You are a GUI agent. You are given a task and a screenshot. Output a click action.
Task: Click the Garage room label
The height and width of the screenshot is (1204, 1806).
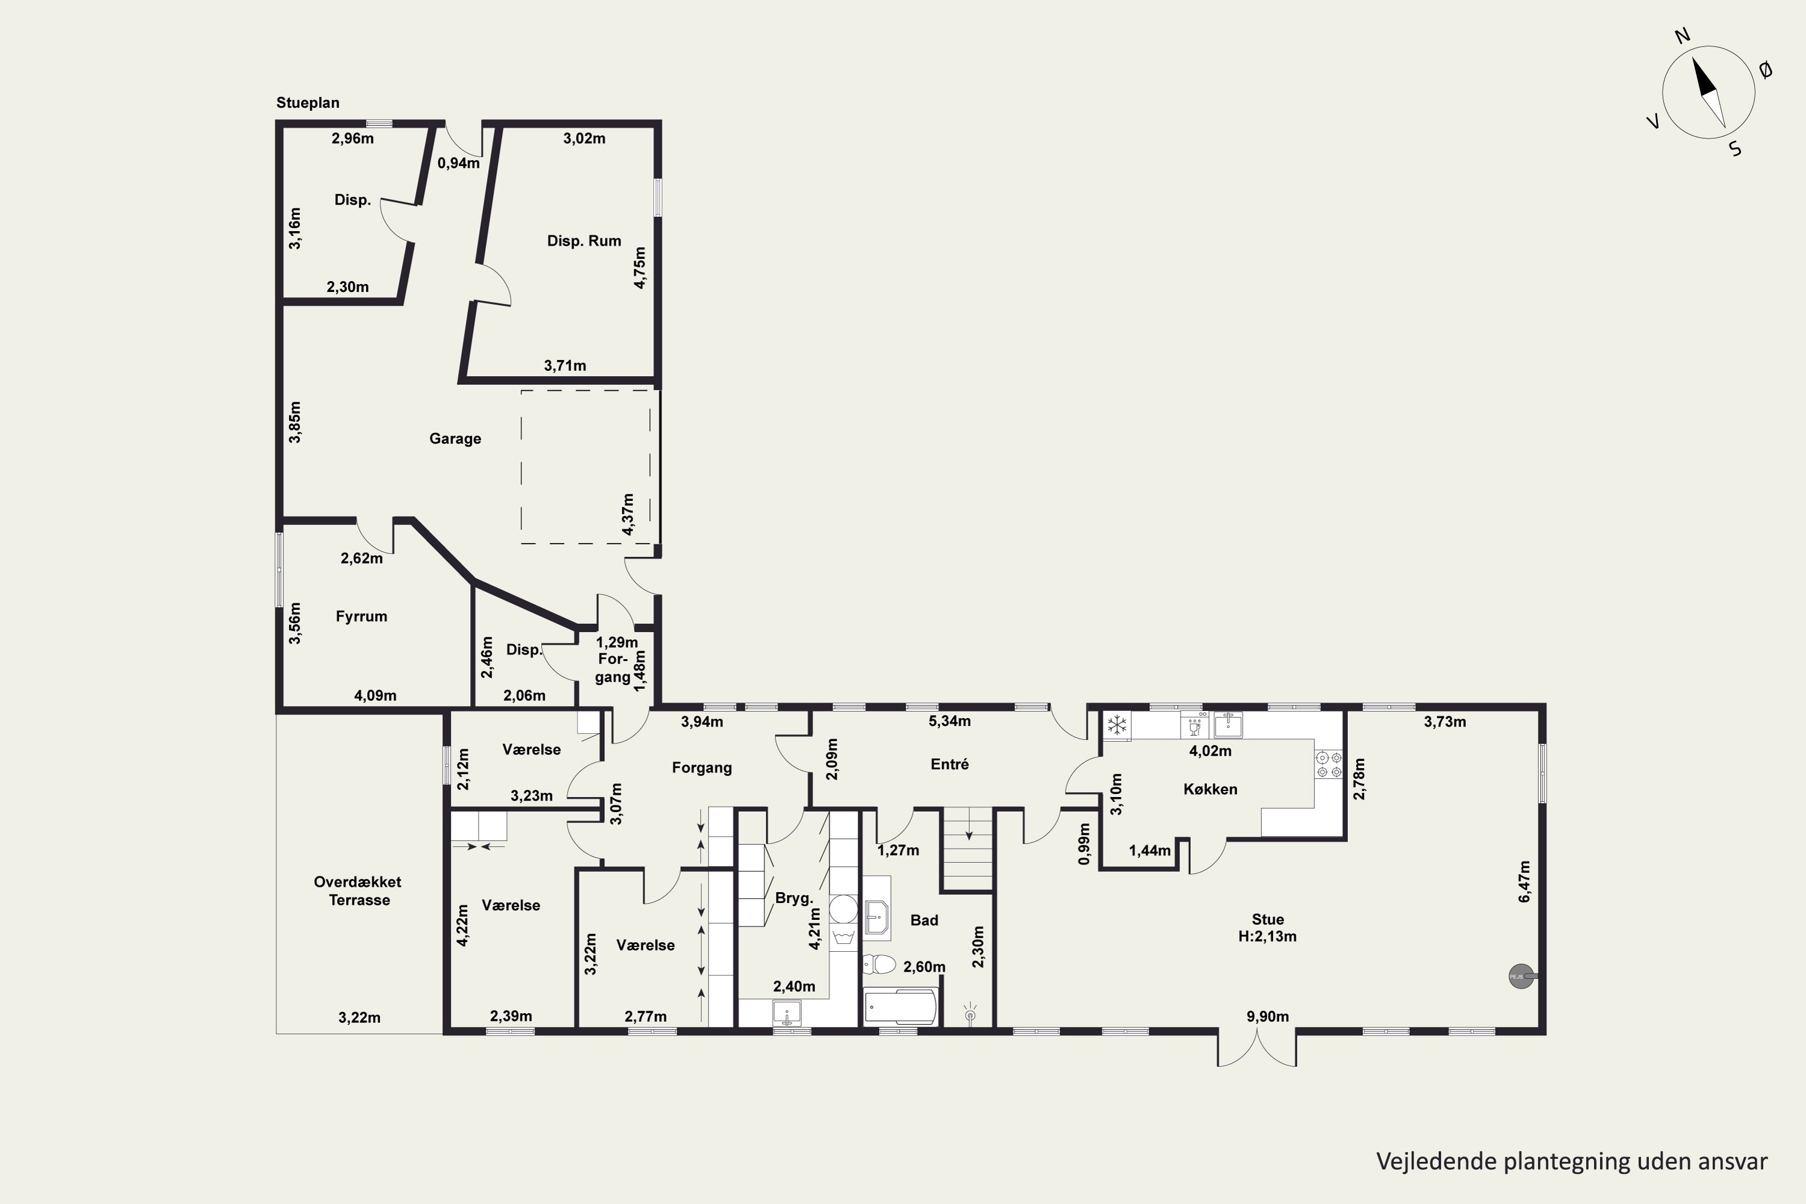[x=455, y=438]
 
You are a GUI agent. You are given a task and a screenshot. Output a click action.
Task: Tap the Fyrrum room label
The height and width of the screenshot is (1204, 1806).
[x=361, y=616]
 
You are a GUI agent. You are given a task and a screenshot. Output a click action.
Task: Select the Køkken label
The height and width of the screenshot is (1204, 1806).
[x=1210, y=789]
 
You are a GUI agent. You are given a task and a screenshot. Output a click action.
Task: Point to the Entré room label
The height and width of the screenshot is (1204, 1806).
[x=950, y=763]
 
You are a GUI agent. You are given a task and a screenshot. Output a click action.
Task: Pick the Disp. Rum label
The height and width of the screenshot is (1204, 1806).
[x=583, y=240]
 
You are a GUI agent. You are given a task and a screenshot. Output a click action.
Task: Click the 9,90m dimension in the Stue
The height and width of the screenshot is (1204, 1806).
[x=1267, y=1017]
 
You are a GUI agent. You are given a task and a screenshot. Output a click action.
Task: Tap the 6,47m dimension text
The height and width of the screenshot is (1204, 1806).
[x=1524, y=881]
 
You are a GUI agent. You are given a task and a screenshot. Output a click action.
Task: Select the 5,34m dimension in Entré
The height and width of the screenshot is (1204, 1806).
[x=950, y=720]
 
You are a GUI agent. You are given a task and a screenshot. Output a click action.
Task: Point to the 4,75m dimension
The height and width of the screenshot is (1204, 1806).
[x=639, y=267]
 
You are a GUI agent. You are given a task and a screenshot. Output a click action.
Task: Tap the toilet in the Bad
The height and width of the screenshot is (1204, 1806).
[x=878, y=964]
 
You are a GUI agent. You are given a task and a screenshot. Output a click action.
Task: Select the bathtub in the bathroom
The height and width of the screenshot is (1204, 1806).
[x=900, y=1006]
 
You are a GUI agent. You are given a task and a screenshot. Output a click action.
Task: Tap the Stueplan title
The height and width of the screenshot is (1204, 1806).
[x=308, y=102]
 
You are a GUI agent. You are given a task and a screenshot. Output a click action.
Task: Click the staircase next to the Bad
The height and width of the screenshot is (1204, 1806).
[x=967, y=848]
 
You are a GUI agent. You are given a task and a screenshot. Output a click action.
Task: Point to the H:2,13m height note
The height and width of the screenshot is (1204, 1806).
[x=1267, y=936]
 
